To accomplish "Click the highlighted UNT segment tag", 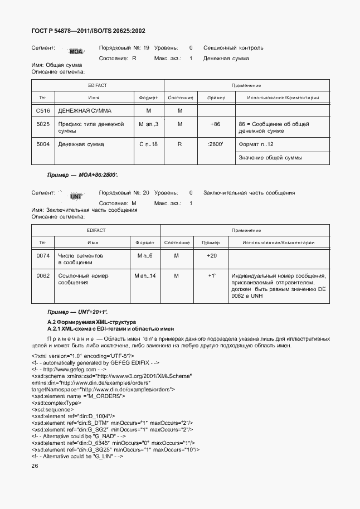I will tap(76, 196).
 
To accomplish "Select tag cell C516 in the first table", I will tap(43, 111).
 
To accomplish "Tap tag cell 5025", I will tap(43, 124).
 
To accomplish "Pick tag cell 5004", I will tap(43, 144).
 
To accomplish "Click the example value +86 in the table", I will tap(215, 124).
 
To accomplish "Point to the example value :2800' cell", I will tap(215, 144).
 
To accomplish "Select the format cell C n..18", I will tap(148, 144).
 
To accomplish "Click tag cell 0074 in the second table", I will tap(43, 255).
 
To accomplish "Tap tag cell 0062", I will tap(43, 276).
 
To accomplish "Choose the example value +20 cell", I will tap(212, 255).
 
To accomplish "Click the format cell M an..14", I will tap(145, 276).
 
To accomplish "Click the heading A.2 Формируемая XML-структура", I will tap(91, 322).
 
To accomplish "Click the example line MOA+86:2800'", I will tap(82, 175).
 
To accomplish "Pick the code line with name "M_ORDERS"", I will tap(78, 396).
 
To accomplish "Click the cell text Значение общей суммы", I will tap(270, 158).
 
